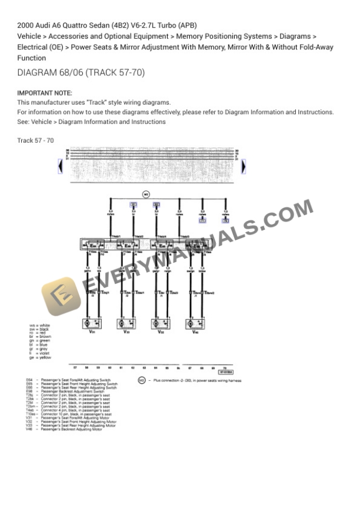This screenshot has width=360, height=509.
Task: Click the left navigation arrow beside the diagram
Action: click(x=60, y=166)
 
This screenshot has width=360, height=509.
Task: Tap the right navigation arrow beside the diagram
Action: click(x=244, y=166)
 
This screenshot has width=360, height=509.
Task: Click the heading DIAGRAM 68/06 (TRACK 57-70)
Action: click(x=81, y=73)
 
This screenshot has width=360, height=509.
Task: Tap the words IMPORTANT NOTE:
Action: click(x=45, y=93)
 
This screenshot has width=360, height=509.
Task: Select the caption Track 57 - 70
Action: click(x=35, y=140)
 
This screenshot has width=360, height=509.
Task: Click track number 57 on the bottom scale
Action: click(x=75, y=367)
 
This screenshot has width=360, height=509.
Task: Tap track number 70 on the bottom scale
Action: click(x=225, y=367)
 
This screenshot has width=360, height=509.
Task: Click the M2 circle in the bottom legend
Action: click(x=142, y=380)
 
